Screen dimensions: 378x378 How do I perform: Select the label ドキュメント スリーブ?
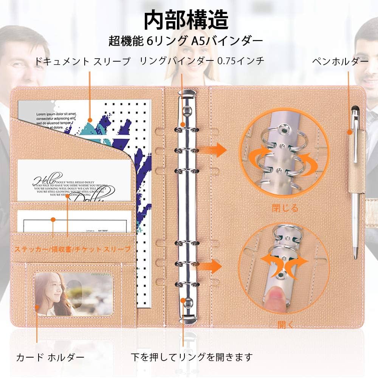tap(82, 61)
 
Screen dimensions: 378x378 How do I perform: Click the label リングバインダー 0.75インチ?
tap(201, 61)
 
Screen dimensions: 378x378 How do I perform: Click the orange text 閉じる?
tap(285, 208)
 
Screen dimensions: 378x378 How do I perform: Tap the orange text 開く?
tap(285, 324)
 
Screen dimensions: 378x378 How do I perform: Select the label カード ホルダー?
tap(50, 357)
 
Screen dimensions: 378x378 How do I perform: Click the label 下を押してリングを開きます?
tap(191, 357)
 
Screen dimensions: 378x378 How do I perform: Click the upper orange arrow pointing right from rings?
tap(216, 150)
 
